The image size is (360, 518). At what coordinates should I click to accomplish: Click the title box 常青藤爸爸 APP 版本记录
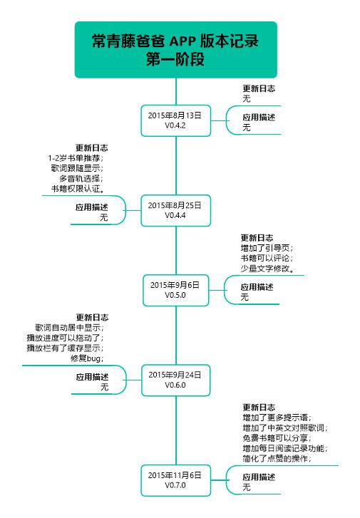click(x=175, y=50)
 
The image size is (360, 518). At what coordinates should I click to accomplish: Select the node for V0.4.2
click(x=175, y=120)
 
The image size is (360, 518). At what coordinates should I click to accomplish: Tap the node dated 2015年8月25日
click(x=175, y=209)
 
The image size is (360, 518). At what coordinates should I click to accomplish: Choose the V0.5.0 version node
click(x=175, y=289)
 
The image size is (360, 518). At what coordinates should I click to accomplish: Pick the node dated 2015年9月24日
click(x=175, y=379)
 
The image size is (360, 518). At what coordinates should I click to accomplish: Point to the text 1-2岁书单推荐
click(x=76, y=158)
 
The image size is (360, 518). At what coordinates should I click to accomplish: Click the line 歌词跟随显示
click(x=77, y=168)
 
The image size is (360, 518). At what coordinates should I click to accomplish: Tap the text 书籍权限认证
click(x=77, y=189)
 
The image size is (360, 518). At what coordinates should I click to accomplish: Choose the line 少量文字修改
click(x=268, y=269)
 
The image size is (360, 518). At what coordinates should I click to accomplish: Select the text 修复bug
click(x=87, y=358)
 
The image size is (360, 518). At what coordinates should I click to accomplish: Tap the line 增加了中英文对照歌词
click(x=284, y=428)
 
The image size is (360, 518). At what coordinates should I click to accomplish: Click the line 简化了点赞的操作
click(x=277, y=459)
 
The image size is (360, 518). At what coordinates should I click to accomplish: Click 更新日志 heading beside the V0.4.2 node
click(x=259, y=88)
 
